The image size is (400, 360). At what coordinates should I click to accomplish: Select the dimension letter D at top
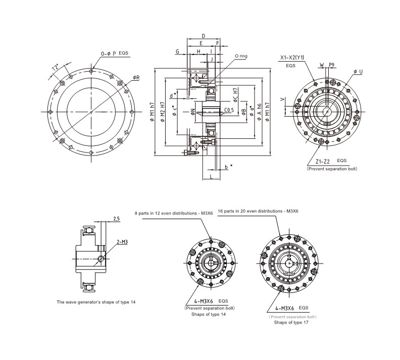click(203, 36)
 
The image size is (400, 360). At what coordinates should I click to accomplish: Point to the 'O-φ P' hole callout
click(109, 53)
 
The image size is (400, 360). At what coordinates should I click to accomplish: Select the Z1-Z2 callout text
click(319, 161)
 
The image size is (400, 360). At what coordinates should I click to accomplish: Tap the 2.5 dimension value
click(116, 219)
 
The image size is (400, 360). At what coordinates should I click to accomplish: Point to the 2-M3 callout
click(122, 242)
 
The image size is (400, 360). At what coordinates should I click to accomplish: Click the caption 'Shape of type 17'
click(291, 322)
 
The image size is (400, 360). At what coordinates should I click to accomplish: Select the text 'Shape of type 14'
click(208, 314)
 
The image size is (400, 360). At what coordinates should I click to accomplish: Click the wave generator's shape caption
click(96, 302)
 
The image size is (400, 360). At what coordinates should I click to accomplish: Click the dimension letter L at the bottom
click(210, 177)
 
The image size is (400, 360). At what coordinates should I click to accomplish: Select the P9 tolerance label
click(331, 65)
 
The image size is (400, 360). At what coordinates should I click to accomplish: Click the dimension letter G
click(177, 52)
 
